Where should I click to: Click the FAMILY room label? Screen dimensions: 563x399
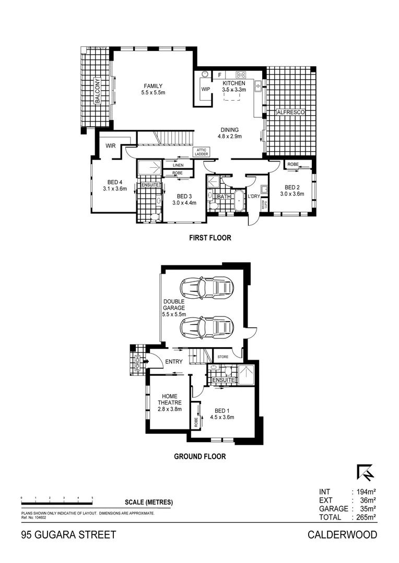[x=153, y=86]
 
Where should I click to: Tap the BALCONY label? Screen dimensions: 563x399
[x=97, y=91]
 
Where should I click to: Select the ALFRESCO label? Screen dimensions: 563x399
[x=290, y=112]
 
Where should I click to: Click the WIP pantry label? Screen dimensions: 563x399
[x=205, y=89]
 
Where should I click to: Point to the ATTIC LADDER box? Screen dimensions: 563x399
[x=202, y=152]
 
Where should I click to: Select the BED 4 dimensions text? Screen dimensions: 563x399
[x=115, y=189]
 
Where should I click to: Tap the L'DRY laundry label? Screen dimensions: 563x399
[x=254, y=196]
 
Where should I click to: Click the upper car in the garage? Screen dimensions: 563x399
[x=206, y=287]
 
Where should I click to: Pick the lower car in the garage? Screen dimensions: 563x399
[x=206, y=327]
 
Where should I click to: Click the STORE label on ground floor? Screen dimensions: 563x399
[x=224, y=357]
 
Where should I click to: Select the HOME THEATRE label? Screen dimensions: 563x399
[x=169, y=399]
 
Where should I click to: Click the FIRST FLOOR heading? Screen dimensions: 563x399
[x=210, y=238]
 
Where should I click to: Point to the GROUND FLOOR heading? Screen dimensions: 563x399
[x=199, y=457]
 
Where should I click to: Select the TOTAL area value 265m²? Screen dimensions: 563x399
[x=365, y=518]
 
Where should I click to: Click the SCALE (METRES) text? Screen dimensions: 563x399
[x=149, y=503]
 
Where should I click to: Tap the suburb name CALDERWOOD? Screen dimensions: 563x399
[x=342, y=535]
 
